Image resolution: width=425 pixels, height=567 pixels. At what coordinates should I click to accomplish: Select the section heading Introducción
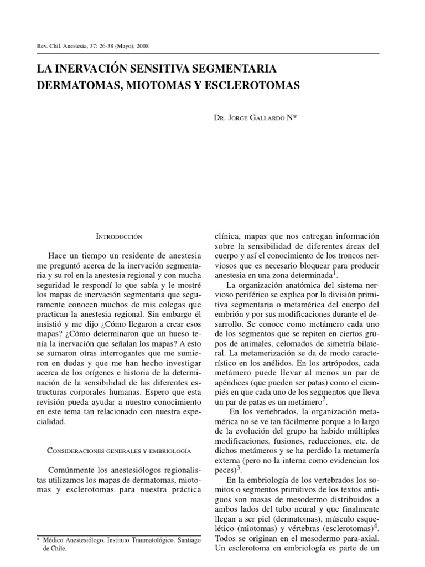tap(120, 236)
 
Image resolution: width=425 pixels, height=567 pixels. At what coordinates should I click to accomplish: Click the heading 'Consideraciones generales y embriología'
tap(120, 436)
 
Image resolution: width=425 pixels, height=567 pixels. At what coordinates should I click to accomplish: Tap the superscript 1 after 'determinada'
tap(335, 272)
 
